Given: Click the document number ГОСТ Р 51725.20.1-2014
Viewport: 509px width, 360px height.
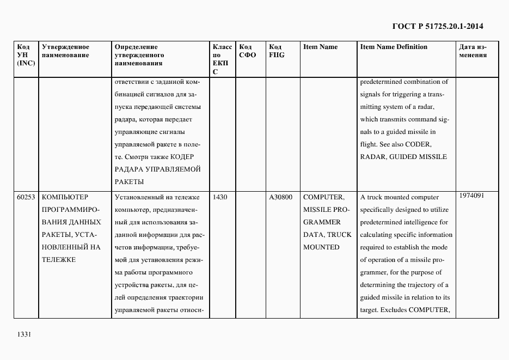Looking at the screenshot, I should [x=437, y=26].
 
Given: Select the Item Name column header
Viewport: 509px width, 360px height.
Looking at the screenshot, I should [x=320, y=47].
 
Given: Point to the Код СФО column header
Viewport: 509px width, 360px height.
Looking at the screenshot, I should [x=247, y=51].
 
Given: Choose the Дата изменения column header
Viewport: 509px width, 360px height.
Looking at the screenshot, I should [x=473, y=51].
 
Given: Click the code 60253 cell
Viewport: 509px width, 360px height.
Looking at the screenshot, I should [x=26, y=197].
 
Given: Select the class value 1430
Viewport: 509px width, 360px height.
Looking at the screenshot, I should [x=220, y=197].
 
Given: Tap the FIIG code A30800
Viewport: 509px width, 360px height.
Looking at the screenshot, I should [x=281, y=197].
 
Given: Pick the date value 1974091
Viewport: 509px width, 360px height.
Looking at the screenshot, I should [x=471, y=196].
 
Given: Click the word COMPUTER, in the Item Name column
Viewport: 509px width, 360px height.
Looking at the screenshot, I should [x=323, y=197].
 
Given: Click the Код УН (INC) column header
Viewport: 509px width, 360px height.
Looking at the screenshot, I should [x=26, y=54].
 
